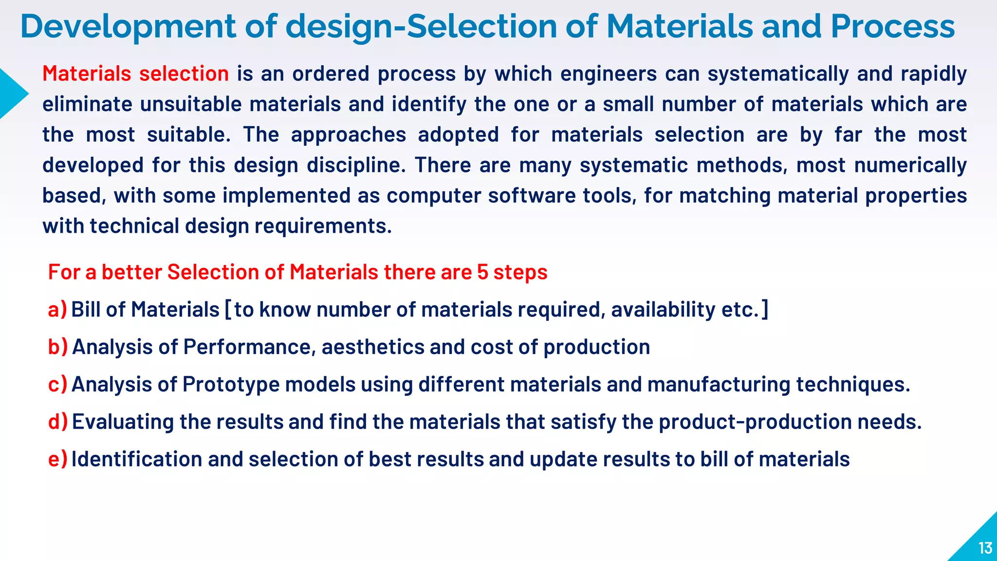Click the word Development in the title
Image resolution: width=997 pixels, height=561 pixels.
[x=128, y=27]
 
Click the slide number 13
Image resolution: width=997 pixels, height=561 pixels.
[x=985, y=548]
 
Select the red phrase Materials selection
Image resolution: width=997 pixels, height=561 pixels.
[x=135, y=74]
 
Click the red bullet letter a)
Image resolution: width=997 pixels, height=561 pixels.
[x=57, y=310]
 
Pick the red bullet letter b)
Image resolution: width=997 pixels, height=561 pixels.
[x=57, y=347]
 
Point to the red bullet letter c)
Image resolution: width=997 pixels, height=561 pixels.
[x=57, y=385]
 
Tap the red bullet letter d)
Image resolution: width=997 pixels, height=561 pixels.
[x=57, y=422]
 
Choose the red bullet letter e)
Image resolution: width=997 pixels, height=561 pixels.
[x=57, y=459]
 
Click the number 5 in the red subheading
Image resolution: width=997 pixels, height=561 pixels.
[x=482, y=272]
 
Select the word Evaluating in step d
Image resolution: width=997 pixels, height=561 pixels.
[x=123, y=422]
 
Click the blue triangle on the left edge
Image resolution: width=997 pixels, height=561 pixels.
[x=12, y=94]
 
